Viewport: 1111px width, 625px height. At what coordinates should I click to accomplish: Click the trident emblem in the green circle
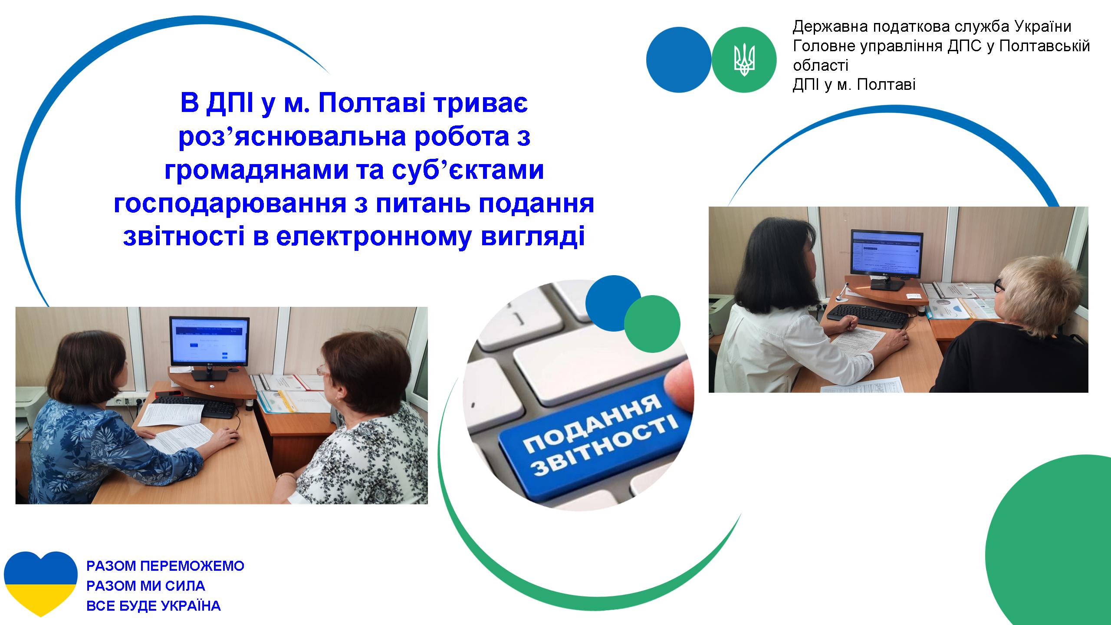[x=744, y=59]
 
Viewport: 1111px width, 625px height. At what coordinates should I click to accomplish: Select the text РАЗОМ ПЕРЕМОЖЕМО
[x=165, y=566]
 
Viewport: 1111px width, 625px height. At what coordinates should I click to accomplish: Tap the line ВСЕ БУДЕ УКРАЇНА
[x=154, y=606]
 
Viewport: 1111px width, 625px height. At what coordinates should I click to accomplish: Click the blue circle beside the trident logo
[x=678, y=59]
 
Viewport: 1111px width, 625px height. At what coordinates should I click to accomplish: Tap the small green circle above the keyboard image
[x=652, y=323]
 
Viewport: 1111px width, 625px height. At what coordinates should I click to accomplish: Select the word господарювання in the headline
[x=230, y=204]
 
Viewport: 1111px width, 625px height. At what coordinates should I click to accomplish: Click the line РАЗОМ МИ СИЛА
[x=146, y=586]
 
